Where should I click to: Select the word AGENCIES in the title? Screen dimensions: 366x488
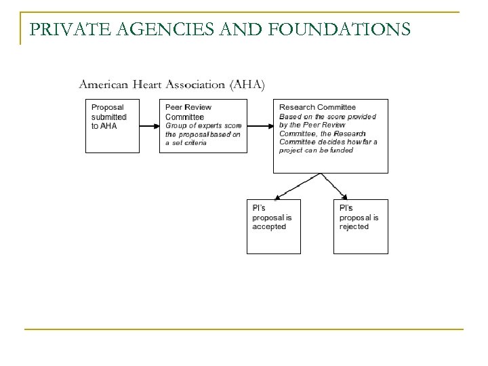point(161,29)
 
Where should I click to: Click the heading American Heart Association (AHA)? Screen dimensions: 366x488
point(172,85)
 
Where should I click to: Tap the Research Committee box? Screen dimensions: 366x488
point(331,136)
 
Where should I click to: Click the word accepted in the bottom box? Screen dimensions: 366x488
point(269,227)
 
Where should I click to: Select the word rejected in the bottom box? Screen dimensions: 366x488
point(354,227)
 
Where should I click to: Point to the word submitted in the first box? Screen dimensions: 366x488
point(109,117)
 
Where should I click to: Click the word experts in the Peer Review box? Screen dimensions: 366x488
point(204,125)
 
